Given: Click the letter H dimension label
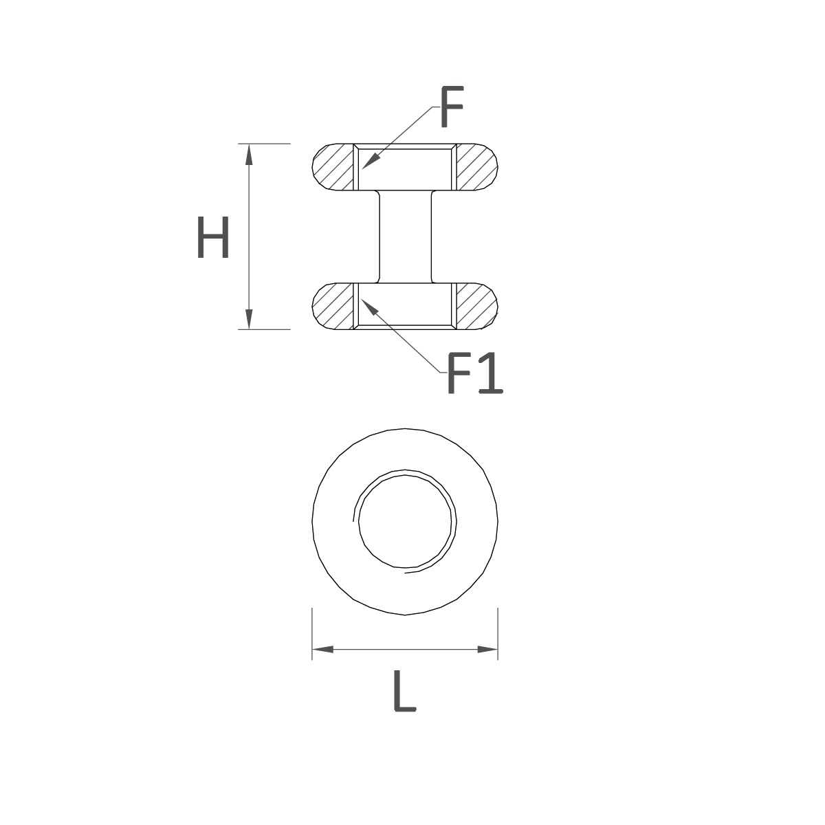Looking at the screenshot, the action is click(213, 237).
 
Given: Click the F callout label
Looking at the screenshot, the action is click(452, 107).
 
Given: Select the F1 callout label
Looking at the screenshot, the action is click(475, 373).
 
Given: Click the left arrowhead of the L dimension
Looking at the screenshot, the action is click(323, 650).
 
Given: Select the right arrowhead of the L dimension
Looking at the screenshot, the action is click(487, 650).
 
